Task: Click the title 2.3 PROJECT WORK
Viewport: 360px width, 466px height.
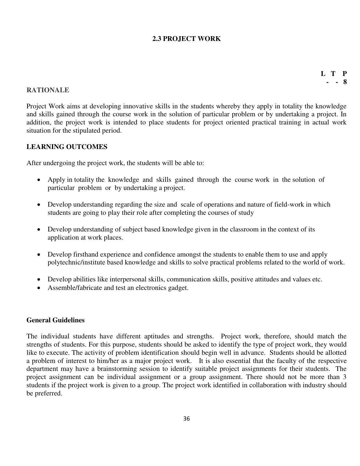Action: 186,39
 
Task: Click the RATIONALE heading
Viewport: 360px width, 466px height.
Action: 48,90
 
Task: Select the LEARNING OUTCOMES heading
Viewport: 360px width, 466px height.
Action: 67,147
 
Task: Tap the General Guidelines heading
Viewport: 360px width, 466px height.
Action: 55,320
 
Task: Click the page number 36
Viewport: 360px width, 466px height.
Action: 186,419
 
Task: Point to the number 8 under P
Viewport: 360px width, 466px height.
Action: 345,82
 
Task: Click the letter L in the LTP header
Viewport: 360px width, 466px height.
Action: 323,74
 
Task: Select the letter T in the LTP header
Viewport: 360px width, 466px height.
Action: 333,74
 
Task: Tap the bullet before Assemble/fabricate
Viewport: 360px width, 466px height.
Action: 39,288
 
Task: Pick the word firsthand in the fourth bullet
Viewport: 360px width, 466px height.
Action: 86,254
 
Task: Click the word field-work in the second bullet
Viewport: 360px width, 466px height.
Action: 289,204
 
